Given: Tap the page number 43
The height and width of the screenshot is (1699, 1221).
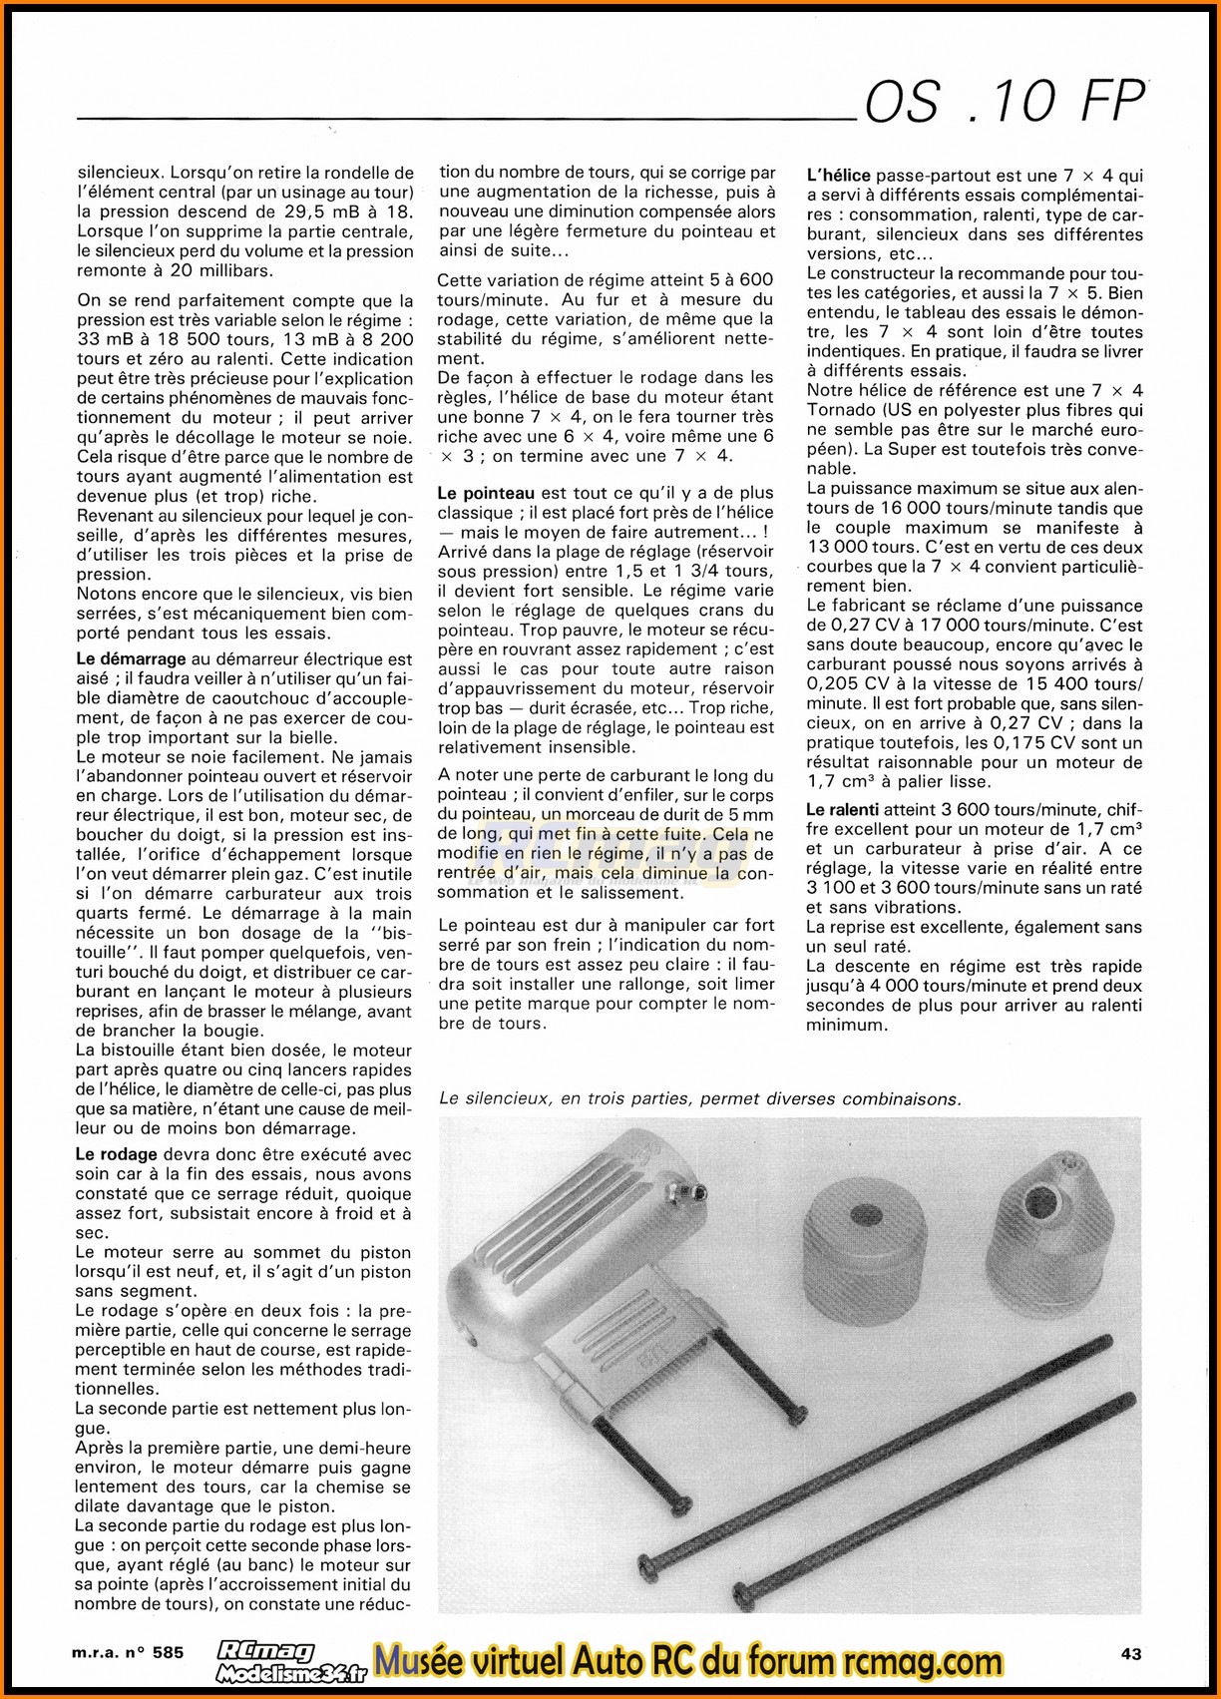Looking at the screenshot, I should click(1130, 1653).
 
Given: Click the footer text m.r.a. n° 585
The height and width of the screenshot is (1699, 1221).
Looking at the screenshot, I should click(128, 1653).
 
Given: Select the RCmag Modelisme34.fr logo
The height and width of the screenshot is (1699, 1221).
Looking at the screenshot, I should click(290, 1661).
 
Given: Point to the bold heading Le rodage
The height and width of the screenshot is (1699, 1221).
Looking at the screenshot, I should click(116, 1154).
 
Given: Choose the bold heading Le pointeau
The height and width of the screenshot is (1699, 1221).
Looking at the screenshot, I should click(486, 493).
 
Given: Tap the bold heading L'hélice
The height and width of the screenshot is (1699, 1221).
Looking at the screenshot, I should click(838, 176).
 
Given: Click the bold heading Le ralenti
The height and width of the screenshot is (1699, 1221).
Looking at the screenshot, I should click(842, 810).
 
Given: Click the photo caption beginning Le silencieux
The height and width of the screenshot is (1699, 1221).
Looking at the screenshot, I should click(699, 1099).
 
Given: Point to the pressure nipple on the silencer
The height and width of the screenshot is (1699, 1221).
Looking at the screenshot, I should click(699, 1191).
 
